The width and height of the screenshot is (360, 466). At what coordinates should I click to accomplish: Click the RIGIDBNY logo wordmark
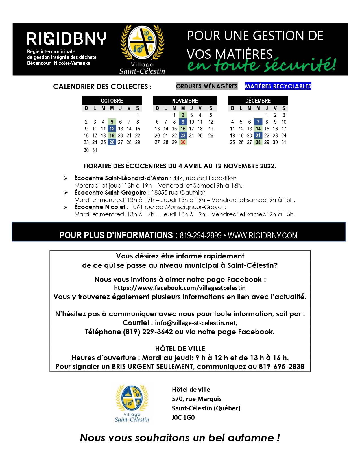(66, 39)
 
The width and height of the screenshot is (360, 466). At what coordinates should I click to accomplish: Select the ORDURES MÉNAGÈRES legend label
(207, 86)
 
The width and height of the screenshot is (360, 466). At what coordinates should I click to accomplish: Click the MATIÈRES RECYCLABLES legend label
(278, 86)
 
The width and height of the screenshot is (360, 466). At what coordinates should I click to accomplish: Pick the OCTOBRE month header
(112, 101)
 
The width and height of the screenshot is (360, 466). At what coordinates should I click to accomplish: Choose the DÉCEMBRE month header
(258, 101)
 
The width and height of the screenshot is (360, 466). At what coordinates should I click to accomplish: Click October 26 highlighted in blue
(112, 142)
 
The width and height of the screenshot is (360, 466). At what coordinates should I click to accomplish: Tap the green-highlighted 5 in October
(112, 122)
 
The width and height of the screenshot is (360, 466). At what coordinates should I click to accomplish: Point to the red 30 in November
(183, 142)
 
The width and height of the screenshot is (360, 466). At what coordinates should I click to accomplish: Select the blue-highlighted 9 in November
(183, 122)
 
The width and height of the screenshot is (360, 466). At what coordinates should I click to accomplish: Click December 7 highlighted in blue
(258, 122)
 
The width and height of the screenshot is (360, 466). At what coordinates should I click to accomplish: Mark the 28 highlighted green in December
(258, 142)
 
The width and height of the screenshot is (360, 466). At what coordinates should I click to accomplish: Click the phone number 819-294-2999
(200, 236)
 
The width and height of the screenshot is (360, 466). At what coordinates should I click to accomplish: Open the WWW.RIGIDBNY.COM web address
(263, 236)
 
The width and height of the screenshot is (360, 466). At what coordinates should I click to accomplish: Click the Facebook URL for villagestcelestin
(180, 288)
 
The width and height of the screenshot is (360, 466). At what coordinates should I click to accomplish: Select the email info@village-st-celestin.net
(196, 323)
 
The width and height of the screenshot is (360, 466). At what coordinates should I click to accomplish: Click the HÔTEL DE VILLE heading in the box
(180, 349)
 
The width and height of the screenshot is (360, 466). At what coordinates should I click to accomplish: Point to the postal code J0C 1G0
(183, 417)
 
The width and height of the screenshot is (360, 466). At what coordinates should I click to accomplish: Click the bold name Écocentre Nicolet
(100, 207)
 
